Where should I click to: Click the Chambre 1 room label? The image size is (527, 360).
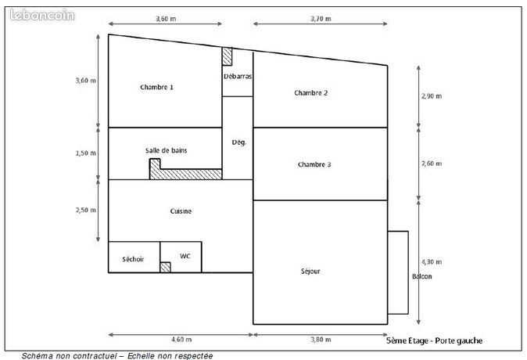(156, 87)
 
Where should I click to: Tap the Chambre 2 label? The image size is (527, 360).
(311, 93)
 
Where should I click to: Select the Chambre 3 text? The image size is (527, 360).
(314, 164)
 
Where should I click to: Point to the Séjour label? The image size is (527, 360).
(310, 272)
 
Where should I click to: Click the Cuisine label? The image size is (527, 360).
(181, 211)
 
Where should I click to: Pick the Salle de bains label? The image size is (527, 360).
(166, 150)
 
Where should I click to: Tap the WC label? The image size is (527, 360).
(185, 256)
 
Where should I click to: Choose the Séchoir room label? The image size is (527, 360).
(133, 259)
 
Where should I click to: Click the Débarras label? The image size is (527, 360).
(238, 77)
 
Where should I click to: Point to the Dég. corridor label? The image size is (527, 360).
(239, 142)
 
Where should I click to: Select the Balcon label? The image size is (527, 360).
(421, 276)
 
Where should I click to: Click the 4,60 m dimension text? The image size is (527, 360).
(181, 340)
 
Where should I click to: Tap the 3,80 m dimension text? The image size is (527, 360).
(321, 340)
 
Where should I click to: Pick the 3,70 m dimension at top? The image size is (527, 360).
(321, 19)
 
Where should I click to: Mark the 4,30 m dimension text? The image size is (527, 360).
(432, 261)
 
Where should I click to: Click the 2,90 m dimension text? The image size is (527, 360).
(432, 96)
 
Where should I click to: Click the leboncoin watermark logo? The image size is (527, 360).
(42, 15)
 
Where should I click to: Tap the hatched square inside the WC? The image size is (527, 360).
(165, 267)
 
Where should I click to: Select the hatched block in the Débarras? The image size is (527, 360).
(227, 56)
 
